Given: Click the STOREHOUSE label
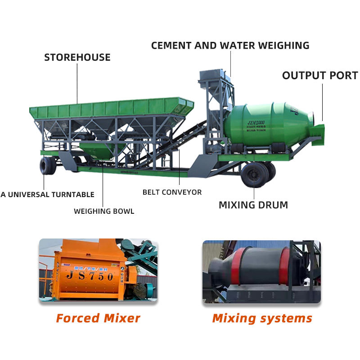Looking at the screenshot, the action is [x=77, y=58].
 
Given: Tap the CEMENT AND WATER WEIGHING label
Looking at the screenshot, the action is [x=230, y=45].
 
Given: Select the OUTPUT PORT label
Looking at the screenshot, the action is [x=320, y=76].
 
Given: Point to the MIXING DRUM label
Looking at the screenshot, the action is [x=253, y=205].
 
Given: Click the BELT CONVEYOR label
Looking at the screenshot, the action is [x=172, y=192].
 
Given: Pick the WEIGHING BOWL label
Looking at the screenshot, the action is [x=104, y=211].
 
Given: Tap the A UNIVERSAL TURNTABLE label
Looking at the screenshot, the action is [x=47, y=194].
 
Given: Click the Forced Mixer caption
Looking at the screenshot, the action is [x=98, y=318].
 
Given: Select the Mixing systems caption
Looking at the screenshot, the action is [x=262, y=318].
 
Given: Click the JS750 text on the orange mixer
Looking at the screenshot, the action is [x=90, y=276].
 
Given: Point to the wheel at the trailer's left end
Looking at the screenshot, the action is [x=47, y=165].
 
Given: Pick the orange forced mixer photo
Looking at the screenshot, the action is [x=98, y=270].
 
